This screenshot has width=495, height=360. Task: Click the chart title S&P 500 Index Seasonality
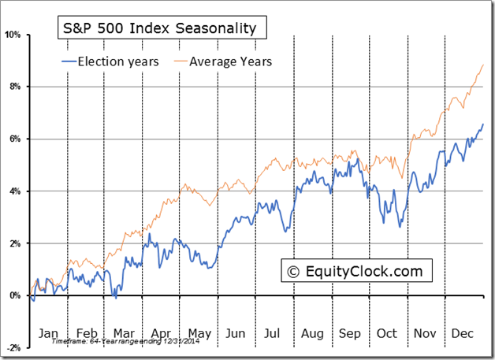click(160, 29)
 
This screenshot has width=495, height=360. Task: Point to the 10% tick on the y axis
click(14, 35)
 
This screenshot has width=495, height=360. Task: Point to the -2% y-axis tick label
click(14, 347)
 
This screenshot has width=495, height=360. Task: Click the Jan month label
click(48, 333)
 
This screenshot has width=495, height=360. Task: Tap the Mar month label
click(125, 333)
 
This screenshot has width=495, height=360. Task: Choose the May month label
click(199, 333)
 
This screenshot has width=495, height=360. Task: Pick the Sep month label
click(351, 333)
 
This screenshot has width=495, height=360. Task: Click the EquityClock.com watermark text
click(363, 272)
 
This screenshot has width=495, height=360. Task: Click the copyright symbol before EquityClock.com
click(293, 272)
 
